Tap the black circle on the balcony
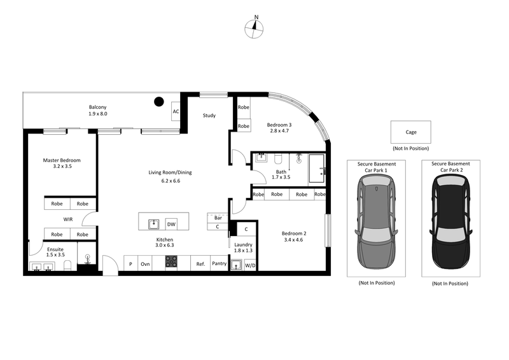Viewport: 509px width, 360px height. pos(158,100)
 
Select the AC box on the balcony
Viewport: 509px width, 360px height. pos(176,112)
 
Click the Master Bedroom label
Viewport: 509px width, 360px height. pos(62,164)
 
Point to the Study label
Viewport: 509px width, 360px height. pos(209,116)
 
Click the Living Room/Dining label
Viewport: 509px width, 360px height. pos(170,177)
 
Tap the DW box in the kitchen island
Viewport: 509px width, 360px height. pos(171,224)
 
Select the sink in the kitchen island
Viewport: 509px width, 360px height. pos(153,223)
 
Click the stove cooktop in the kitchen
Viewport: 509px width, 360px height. pos(171,261)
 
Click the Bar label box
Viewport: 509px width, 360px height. pos(218,218)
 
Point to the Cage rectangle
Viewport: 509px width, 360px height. pos(410,132)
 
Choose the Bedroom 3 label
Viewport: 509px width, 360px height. pos(279,128)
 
